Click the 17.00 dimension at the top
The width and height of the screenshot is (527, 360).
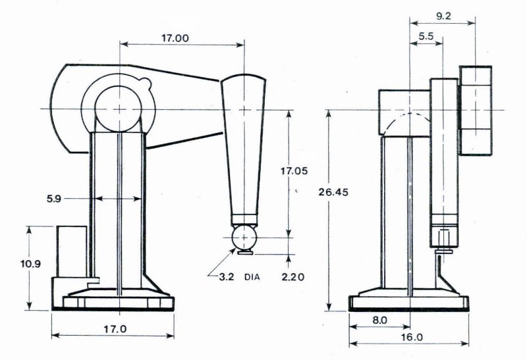click(x=175, y=38)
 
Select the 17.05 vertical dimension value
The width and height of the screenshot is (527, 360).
click(x=294, y=171)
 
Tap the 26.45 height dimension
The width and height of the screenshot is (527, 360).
click(x=333, y=192)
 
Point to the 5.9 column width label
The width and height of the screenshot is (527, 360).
click(x=54, y=199)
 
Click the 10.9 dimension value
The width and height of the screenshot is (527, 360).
click(x=30, y=264)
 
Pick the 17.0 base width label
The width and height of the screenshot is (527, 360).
click(x=115, y=329)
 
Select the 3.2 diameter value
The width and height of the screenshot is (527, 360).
click(x=226, y=277)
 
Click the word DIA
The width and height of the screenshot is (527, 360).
click(x=252, y=277)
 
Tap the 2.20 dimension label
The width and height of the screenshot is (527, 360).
click(x=292, y=277)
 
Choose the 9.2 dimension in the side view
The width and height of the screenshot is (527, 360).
click(x=443, y=16)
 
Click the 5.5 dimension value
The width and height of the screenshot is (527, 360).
click(x=426, y=36)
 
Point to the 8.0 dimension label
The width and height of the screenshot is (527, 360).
click(x=379, y=320)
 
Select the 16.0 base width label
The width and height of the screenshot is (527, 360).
click(x=412, y=337)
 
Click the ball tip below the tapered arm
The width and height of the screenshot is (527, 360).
click(x=244, y=238)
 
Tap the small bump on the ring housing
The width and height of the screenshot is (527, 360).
click(x=145, y=83)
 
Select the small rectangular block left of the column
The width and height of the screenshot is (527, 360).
click(x=72, y=251)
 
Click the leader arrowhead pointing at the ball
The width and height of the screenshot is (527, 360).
click(x=232, y=251)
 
